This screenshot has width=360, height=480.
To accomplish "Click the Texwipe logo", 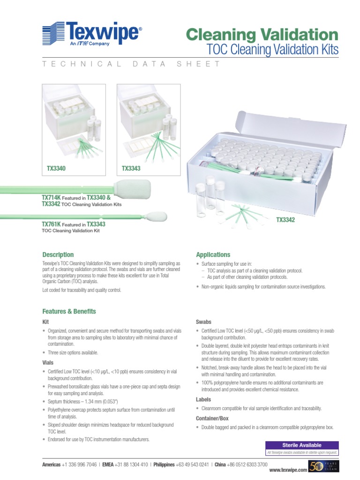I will coord(92,34).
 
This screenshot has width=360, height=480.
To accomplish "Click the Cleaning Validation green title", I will coord(262,34).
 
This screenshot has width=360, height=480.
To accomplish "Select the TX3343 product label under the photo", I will coord(131,168).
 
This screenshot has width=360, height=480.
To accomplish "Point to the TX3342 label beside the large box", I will coord(285,220).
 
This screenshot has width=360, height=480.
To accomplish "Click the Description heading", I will coord(58,255).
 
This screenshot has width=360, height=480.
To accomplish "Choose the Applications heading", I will coord(213,255).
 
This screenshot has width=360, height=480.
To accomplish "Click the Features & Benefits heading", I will coord(69,311).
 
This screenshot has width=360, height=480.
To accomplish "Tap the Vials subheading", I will coord(48,363).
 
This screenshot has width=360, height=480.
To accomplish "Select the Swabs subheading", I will coord(203,322).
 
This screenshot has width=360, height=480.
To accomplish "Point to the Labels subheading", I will coord(203,399).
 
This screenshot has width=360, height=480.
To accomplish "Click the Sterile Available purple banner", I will coord(302,445).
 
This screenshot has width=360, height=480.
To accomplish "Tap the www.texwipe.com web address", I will coord(288,469).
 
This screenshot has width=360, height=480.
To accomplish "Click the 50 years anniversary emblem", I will coord(323,466).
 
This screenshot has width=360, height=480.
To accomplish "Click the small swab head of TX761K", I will coord(153,217).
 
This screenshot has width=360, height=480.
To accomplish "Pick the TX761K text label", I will coord(51,225).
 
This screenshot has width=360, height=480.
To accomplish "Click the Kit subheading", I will coord(45,322).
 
